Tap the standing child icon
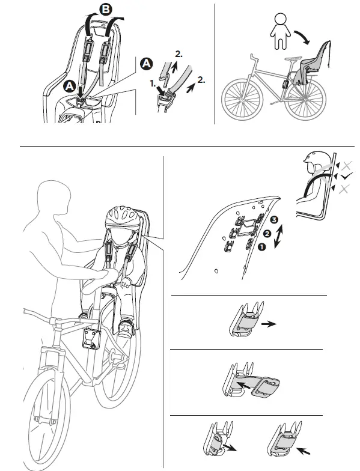[x=278, y=26]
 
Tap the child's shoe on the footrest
[x=126, y=329]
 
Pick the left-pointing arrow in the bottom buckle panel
[x=304, y=448]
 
